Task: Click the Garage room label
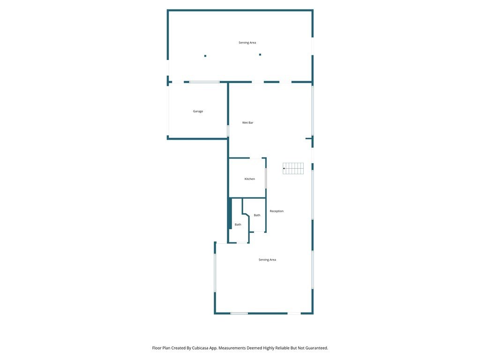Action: click(x=198, y=112)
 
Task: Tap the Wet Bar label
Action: click(x=247, y=123)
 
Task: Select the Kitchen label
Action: click(x=249, y=179)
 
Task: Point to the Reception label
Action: click(x=277, y=211)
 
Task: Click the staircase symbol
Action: click(x=293, y=168)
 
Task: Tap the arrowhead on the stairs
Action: click(x=284, y=168)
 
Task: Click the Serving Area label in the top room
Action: click(x=247, y=43)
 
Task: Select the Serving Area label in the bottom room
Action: click(x=267, y=260)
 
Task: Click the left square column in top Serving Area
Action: click(x=205, y=56)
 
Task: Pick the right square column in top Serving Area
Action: click(x=260, y=54)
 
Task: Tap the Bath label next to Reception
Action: click(x=257, y=215)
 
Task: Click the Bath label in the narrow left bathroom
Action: click(x=238, y=225)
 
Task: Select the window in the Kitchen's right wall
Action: click(x=266, y=178)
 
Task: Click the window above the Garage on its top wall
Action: click(x=204, y=82)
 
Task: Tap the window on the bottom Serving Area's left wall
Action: click(x=215, y=273)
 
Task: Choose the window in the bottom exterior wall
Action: click(x=239, y=313)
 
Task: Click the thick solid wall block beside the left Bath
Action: click(x=230, y=213)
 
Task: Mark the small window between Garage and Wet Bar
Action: click(x=228, y=130)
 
